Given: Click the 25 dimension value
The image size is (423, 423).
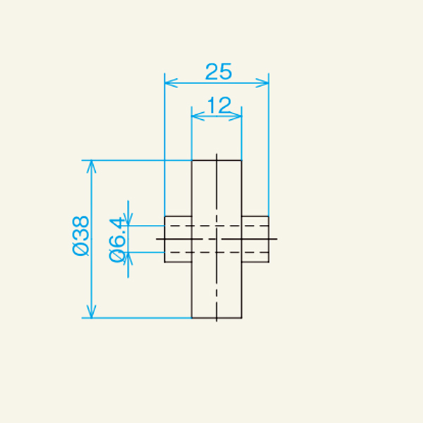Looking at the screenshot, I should pyautogui.click(x=218, y=70).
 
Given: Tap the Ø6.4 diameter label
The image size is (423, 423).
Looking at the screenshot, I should pyautogui.click(x=118, y=239).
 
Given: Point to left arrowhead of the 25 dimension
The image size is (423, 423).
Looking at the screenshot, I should pyautogui.click(x=168, y=82).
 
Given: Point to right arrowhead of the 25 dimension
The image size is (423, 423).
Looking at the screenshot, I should pyautogui.click(x=265, y=82).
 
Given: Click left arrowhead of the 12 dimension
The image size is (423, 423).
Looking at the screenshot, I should pyautogui.click(x=197, y=117).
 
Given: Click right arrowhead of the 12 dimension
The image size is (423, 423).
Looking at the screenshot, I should pyautogui.click(x=238, y=117).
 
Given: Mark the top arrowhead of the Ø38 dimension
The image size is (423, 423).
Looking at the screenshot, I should pyautogui.click(x=90, y=166).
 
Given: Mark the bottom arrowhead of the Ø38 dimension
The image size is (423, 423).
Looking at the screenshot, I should pyautogui.click(x=90, y=312).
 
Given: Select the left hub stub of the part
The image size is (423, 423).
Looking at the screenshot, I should pyautogui.click(x=178, y=239).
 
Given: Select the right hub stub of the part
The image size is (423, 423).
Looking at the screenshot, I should pyautogui.click(x=255, y=239).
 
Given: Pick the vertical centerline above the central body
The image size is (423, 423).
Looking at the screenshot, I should pyautogui.click(x=217, y=156).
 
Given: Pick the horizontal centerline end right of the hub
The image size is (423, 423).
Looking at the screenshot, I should pyautogui.click(x=274, y=239).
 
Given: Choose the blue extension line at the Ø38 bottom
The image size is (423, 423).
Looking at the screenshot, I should pyautogui.click(x=141, y=318).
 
